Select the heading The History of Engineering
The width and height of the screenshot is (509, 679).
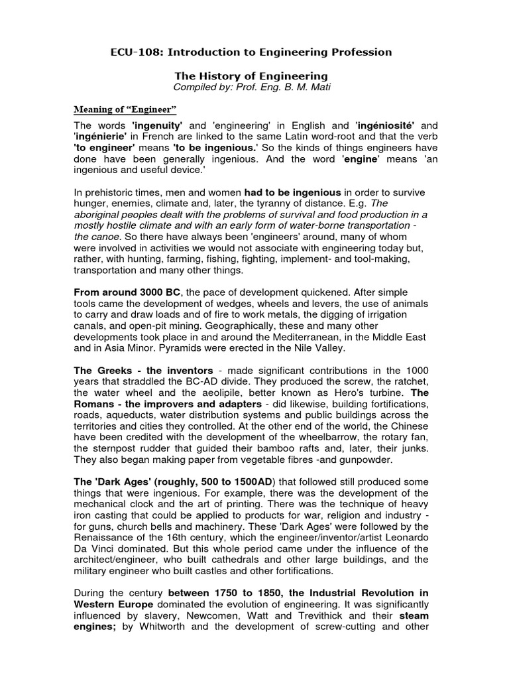point(254,77)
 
